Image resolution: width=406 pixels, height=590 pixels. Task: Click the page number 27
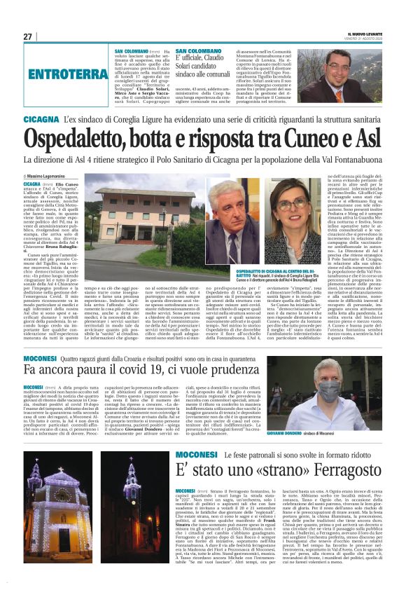click(x=29, y=36)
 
